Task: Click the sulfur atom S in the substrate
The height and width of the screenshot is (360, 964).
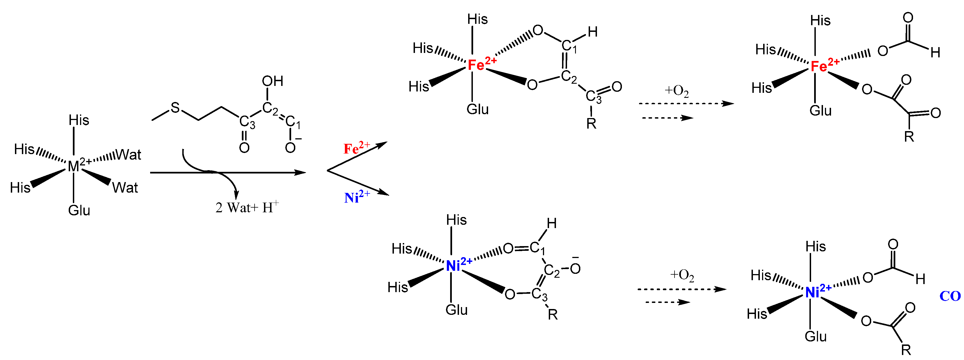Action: pos(175,108)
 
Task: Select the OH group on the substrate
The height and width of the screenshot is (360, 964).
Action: pos(272,81)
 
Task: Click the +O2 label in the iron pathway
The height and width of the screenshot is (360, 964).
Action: pos(676,91)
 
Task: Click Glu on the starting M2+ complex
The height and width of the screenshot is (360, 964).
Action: pos(79,210)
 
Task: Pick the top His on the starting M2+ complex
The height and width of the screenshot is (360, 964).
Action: pos(79,120)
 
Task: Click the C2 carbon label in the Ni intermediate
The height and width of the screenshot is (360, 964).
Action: pos(552,270)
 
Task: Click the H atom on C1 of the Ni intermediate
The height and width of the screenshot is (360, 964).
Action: pos(552,223)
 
